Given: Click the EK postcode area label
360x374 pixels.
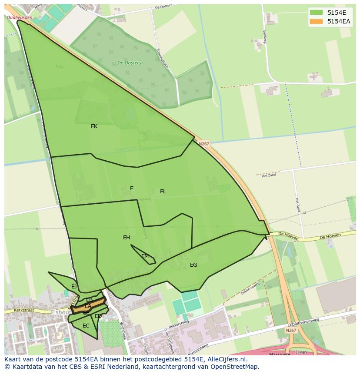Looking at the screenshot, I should point(94,126).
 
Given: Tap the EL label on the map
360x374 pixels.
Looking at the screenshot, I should point(163,192).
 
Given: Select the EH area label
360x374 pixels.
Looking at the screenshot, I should point(127,238).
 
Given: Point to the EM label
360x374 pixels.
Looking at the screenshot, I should point(145,256).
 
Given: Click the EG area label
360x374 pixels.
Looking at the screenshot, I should point(193,265).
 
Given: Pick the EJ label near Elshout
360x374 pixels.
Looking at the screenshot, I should point(74,287).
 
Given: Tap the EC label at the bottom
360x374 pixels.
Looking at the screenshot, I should point(86,326).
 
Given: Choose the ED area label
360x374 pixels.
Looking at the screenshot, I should point(98,316).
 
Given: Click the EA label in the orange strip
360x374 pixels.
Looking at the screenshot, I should point(88,306).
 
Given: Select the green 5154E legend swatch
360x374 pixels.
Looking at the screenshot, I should point(316,13).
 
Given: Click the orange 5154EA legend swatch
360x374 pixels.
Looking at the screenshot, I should point(316,21).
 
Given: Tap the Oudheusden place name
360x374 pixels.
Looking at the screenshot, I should point(20,17).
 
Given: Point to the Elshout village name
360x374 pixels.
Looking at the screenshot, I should point(60,312).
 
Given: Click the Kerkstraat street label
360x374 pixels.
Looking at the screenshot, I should point(23,311).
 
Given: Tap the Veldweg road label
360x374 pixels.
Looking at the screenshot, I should point(264,37).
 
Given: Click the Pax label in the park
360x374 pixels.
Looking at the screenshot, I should point(60,67).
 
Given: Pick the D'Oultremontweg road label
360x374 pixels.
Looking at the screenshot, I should point(303,322).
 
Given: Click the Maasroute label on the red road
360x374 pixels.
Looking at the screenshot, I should point(279,354).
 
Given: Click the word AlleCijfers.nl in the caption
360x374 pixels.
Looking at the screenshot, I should point(225,359).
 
